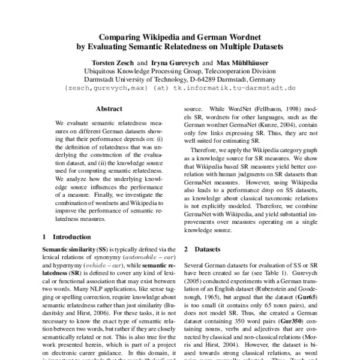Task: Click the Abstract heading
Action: pos(111,109)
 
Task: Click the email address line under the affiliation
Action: pos(180,88)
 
